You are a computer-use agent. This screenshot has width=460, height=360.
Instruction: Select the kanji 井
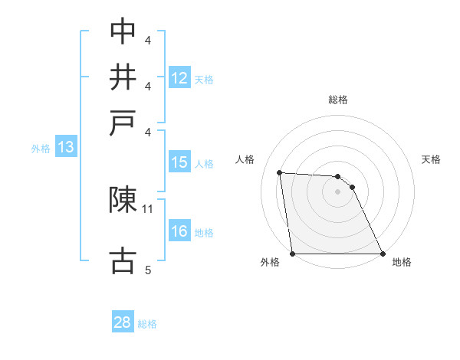(x=123, y=77)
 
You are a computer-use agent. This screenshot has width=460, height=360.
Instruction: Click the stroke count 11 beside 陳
(x=148, y=208)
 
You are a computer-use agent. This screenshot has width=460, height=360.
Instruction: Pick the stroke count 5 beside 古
(x=148, y=270)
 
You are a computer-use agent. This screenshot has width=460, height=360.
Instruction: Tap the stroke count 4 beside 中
(x=148, y=39)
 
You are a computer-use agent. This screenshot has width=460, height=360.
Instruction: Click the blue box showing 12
(x=179, y=77)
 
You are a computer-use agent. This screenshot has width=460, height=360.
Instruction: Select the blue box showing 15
(x=179, y=162)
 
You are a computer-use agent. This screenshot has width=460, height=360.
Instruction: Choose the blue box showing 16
(x=179, y=231)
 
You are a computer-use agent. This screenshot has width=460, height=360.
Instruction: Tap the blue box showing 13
(x=65, y=148)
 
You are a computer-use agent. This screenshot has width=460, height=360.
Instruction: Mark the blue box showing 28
(x=123, y=323)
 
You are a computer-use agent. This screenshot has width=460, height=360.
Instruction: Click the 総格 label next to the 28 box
(x=147, y=324)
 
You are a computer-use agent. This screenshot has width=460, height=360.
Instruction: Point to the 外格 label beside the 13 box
(x=41, y=149)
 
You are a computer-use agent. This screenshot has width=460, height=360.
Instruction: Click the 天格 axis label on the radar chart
(x=431, y=159)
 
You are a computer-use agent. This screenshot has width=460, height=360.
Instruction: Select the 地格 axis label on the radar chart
(x=402, y=263)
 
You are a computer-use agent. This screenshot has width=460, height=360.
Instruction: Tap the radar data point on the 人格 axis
(x=280, y=172)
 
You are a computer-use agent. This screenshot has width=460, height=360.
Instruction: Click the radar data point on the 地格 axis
(x=382, y=254)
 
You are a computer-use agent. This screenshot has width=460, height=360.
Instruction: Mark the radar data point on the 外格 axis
(x=293, y=254)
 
